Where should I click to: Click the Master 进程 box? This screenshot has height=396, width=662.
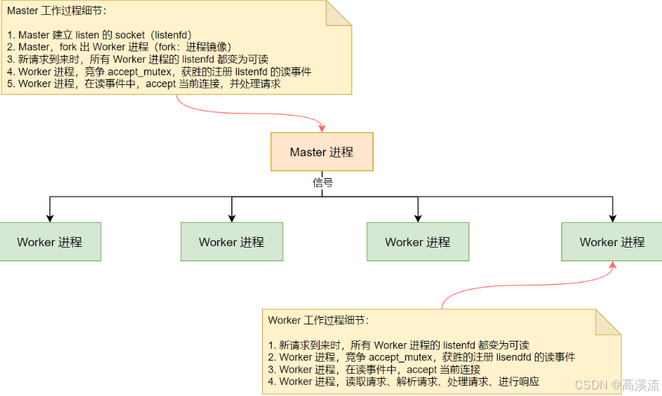pyautogui.click(x=322, y=152)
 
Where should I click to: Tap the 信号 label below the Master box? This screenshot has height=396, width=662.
pyautogui.click(x=322, y=183)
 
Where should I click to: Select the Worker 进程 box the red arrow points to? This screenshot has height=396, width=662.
pyautogui.click(x=612, y=242)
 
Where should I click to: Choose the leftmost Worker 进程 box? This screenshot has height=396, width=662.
pyautogui.click(x=50, y=242)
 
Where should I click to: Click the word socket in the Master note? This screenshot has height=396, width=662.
pyautogui.click(x=130, y=35)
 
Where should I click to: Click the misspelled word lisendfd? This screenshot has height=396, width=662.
pyautogui.click(x=513, y=357)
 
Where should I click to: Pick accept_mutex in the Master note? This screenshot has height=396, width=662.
pyautogui.click(x=140, y=72)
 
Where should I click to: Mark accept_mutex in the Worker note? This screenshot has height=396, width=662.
pyautogui.click(x=401, y=358)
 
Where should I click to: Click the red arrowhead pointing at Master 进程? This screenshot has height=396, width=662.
pyautogui.click(x=322, y=128)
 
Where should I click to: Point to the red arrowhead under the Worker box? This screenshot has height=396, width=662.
pyautogui.click(x=613, y=265)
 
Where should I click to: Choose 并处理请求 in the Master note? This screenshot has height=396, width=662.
pyautogui.click(x=255, y=84)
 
